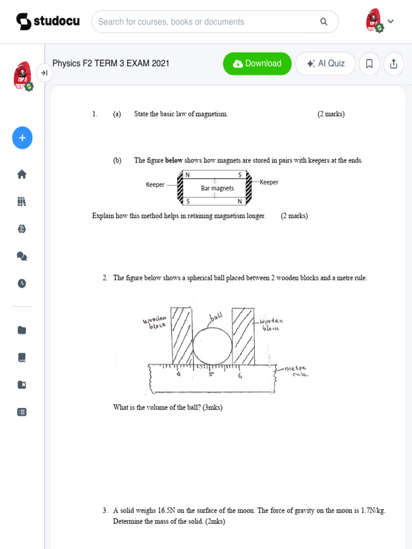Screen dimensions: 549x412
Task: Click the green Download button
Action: (x=257, y=64)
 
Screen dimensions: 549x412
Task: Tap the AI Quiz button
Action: (x=325, y=64)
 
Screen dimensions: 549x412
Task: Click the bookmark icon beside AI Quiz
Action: (x=369, y=64)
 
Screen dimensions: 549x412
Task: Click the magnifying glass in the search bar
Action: (x=323, y=22)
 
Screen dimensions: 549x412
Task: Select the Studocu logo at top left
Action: (x=48, y=21)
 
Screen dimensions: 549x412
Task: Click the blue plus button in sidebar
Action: (x=22, y=138)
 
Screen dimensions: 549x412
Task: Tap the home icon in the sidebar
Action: (x=22, y=174)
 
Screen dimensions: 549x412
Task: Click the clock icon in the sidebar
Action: (x=22, y=284)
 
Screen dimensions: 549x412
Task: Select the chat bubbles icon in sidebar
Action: (x=22, y=256)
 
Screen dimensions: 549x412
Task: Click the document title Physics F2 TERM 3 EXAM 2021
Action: (x=111, y=63)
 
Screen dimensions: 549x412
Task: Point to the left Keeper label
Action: (x=155, y=184)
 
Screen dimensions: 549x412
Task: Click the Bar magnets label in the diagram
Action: (x=217, y=188)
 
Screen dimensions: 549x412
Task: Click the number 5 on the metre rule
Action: (x=211, y=375)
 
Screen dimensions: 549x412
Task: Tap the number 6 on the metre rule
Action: (x=240, y=376)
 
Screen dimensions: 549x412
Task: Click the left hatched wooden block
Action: (x=181, y=335)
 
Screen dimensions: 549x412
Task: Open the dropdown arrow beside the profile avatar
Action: (x=391, y=21)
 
